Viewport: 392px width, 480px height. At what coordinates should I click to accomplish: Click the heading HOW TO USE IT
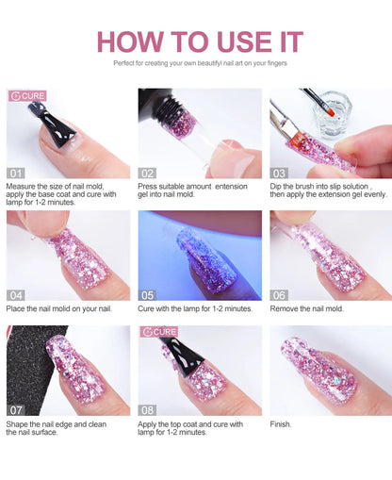coord(200,41)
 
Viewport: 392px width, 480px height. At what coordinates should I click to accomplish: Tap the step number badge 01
coord(16,174)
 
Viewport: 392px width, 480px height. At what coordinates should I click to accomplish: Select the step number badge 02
coord(148,174)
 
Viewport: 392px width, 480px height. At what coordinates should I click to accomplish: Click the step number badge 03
coord(280,174)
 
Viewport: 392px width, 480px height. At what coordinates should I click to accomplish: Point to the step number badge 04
coord(16,294)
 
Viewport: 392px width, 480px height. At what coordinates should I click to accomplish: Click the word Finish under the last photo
coord(282,424)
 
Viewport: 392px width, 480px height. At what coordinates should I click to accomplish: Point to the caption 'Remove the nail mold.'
coord(307,308)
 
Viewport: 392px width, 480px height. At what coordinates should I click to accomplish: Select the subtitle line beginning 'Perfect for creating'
coord(200,63)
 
